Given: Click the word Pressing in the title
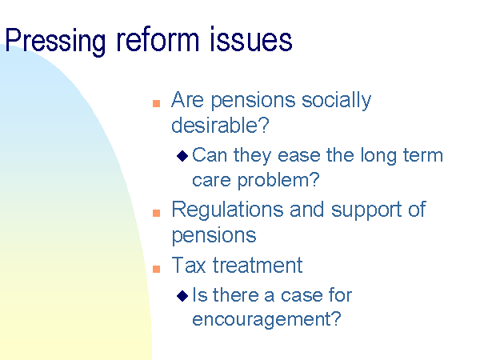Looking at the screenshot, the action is point(55,42).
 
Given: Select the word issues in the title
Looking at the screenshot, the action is point(251,39).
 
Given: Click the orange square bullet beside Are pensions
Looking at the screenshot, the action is point(157,103).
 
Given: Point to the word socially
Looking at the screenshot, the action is point(337,100).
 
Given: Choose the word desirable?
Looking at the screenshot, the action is point(220,125).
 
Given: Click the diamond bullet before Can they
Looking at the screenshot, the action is point(182,156).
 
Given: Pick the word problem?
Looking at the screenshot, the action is point(278,180).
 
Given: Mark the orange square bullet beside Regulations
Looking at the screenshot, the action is point(157,213).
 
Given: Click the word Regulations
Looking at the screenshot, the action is point(227,210).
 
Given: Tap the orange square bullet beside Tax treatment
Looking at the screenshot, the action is point(157,269).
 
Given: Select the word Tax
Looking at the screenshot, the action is point(189,265).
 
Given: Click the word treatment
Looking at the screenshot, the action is point(258,265).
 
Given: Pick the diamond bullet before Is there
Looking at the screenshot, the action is point(182,296).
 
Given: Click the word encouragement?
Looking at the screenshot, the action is point(266,320).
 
